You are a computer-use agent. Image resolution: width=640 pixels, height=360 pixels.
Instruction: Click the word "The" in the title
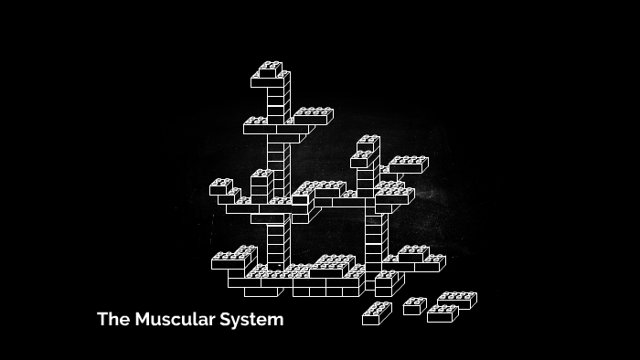coord(113,320)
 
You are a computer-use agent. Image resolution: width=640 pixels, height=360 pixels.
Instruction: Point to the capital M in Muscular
coord(142,320)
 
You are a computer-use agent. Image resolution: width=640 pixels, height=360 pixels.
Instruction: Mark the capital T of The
coord(102,320)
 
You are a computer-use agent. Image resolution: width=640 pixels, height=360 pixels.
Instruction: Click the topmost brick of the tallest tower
coord(271,70)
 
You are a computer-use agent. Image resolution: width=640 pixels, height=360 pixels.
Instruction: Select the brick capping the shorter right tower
coord(368,143)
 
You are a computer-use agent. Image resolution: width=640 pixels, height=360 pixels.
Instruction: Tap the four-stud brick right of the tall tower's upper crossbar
coord(313,116)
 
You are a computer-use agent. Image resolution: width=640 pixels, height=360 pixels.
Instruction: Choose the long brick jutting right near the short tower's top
coord(407,164)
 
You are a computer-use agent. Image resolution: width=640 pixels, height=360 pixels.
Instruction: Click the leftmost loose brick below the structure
coord(376,313)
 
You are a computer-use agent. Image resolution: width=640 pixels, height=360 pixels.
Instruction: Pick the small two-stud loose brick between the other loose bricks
coord(414,306)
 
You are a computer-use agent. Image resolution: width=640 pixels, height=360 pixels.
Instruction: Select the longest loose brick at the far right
coord(456,300)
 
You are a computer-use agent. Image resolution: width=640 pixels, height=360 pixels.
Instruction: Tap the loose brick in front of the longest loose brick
coord(442,313)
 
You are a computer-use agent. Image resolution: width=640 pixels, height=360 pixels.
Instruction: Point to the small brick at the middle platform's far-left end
coord(220,187)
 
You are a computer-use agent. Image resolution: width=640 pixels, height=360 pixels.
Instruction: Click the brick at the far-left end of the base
coord(228,261)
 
